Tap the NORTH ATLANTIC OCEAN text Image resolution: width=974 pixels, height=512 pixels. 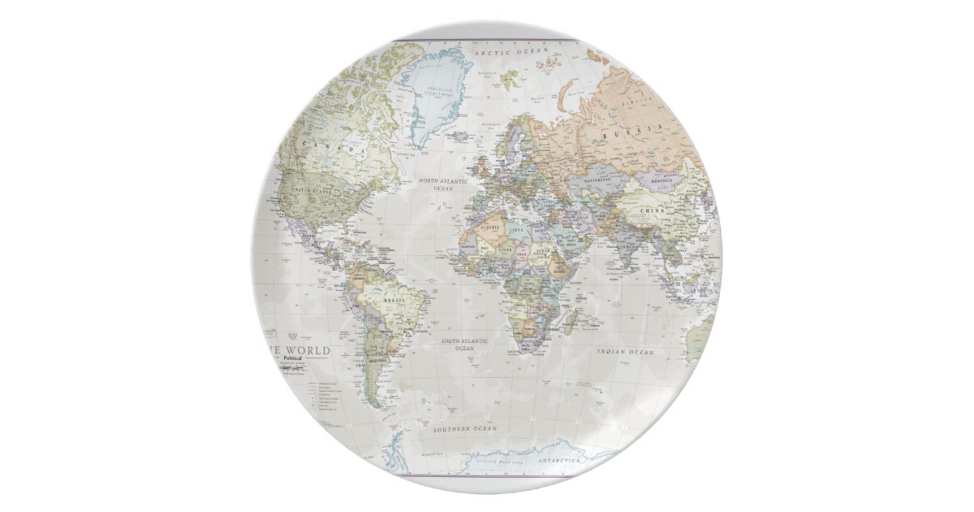click(x=442, y=184)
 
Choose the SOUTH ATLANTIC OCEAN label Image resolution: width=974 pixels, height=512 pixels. click(x=464, y=345)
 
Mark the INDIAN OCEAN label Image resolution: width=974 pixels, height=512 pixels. click(x=625, y=352)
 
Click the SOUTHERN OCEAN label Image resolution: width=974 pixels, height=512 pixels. click(x=464, y=428)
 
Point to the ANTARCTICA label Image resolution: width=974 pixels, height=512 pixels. click(x=558, y=461)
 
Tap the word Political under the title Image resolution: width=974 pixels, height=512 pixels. click(x=291, y=358)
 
